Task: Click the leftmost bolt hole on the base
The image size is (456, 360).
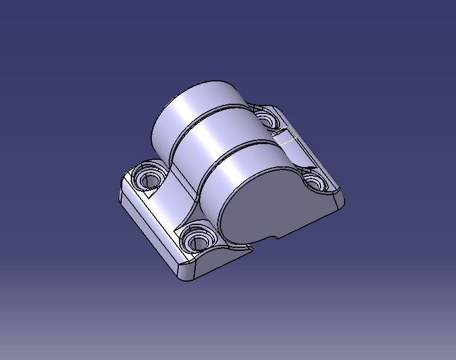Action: pos(148,178)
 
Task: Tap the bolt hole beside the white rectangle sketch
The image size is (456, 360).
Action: pos(263,116)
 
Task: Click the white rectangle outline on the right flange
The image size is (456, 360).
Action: pos(287,139)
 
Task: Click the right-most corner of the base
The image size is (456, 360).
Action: pos(344,204)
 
